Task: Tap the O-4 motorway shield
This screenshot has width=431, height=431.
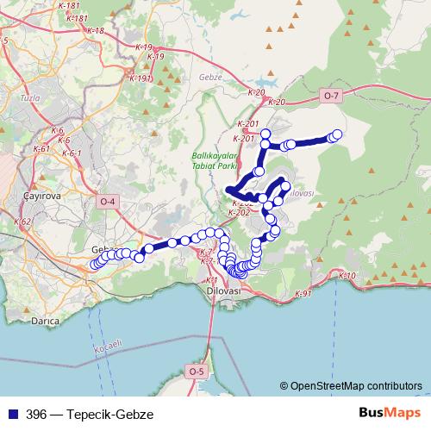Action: click(x=108, y=202)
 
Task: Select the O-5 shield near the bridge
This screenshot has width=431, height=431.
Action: click(x=197, y=372)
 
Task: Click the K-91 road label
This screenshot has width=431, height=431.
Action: click(x=303, y=294)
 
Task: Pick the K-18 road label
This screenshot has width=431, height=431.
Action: click(x=95, y=31)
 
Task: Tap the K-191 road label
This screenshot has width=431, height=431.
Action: click(x=141, y=78)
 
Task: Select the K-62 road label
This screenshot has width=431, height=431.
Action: click(x=23, y=222)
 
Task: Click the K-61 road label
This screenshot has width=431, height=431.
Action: click(x=41, y=148)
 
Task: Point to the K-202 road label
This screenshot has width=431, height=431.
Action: click(x=240, y=211)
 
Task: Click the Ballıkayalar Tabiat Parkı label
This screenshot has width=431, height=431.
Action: click(x=215, y=160)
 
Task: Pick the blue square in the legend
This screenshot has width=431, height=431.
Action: click(x=10, y=413)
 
